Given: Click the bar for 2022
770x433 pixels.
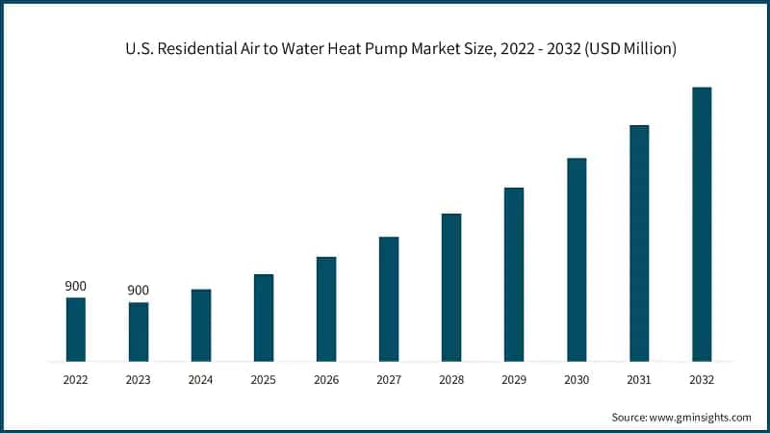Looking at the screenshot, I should tap(76, 329).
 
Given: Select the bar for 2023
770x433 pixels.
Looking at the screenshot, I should tap(139, 332).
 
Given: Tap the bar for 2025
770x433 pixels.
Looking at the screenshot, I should tap(264, 318).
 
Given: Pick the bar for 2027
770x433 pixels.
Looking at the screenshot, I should tap(389, 298).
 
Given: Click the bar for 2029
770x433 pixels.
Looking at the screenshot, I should tap(514, 274).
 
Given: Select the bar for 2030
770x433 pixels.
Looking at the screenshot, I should tap(577, 260).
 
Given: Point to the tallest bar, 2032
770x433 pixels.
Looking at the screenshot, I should tap(702, 224).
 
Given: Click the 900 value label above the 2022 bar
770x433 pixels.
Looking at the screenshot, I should tap(76, 287).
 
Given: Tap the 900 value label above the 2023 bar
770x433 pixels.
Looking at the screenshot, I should tap(139, 291).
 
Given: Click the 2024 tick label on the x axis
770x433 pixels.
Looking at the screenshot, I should tap(201, 380).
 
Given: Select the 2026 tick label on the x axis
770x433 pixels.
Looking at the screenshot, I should tap(326, 380).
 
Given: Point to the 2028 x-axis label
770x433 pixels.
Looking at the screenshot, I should tap(451, 380).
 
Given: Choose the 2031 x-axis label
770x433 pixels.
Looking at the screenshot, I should tap(639, 380).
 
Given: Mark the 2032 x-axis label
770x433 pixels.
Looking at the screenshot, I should tap(702, 380).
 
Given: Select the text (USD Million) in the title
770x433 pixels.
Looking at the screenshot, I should tap(630, 49).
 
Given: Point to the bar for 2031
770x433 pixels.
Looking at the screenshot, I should tap(639, 242).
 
